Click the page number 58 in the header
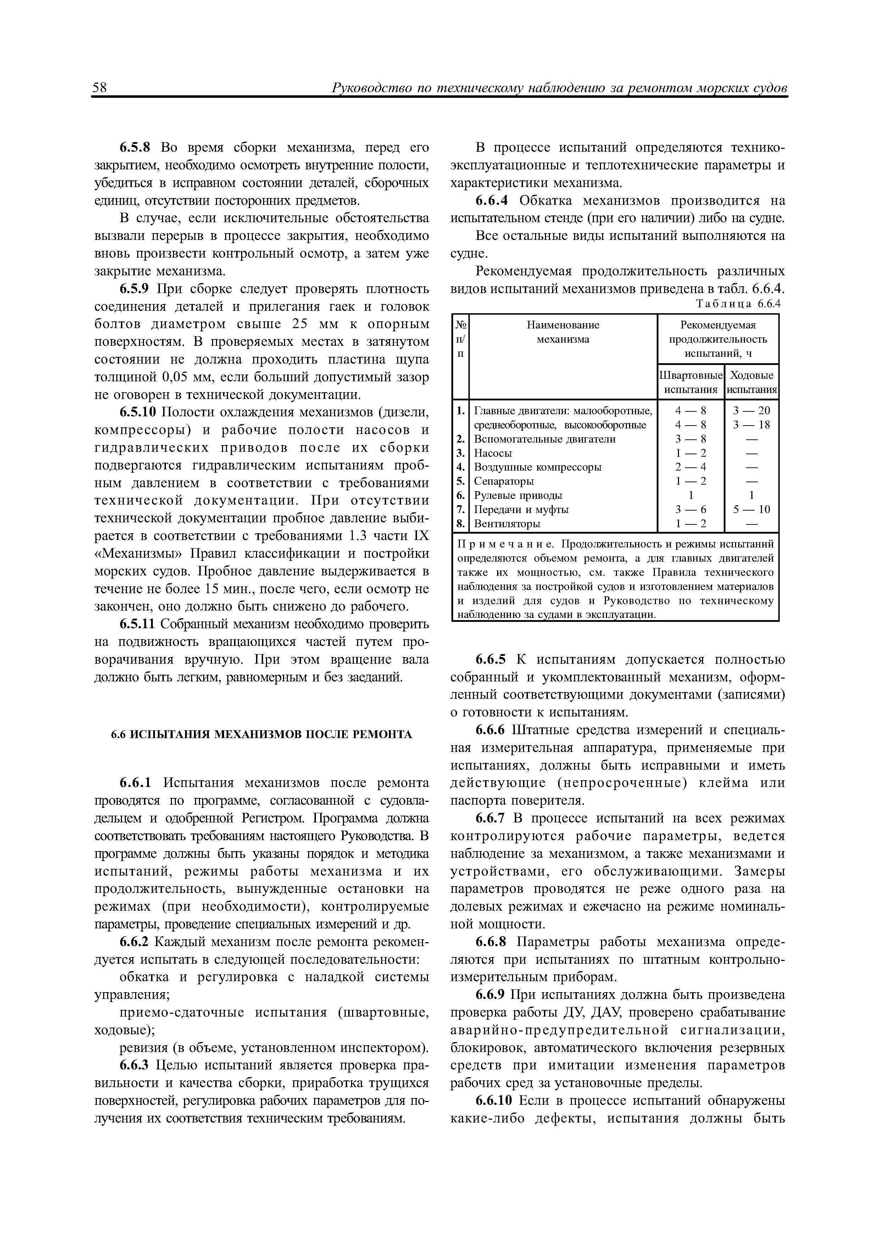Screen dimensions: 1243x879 click(x=100, y=88)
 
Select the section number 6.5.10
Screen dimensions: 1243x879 click(x=138, y=412)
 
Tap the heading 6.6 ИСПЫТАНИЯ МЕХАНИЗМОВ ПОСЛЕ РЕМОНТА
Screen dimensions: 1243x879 click(x=262, y=734)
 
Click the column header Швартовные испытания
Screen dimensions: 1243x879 click(x=690, y=382)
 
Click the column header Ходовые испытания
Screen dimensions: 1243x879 click(x=752, y=382)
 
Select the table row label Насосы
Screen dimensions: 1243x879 click(x=493, y=453)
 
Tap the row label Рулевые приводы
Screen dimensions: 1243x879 click(x=518, y=495)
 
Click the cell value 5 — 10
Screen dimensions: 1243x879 click(x=752, y=510)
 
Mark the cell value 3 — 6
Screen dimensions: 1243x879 click(x=690, y=510)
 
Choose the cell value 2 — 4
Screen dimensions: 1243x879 click(x=690, y=467)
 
